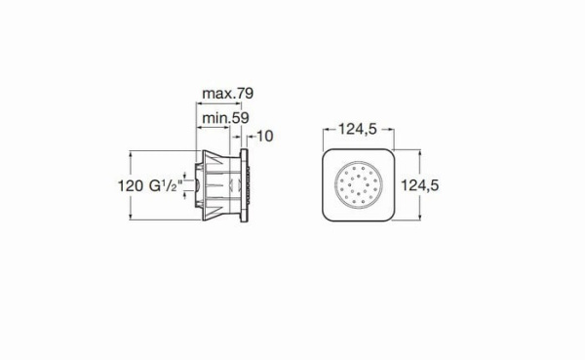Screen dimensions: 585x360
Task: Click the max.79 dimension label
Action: point(227,93)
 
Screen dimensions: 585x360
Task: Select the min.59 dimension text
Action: point(225,118)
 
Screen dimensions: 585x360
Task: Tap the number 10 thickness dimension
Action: point(265,137)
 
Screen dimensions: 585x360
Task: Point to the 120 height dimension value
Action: point(131,185)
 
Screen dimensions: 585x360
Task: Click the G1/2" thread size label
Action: point(167,185)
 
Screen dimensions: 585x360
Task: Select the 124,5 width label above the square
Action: point(358,129)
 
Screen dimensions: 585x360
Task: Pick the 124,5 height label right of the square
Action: point(419,185)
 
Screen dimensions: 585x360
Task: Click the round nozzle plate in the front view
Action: point(359,184)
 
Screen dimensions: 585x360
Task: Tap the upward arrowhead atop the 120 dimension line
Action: point(131,154)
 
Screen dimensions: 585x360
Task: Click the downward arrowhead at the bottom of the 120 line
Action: point(131,217)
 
